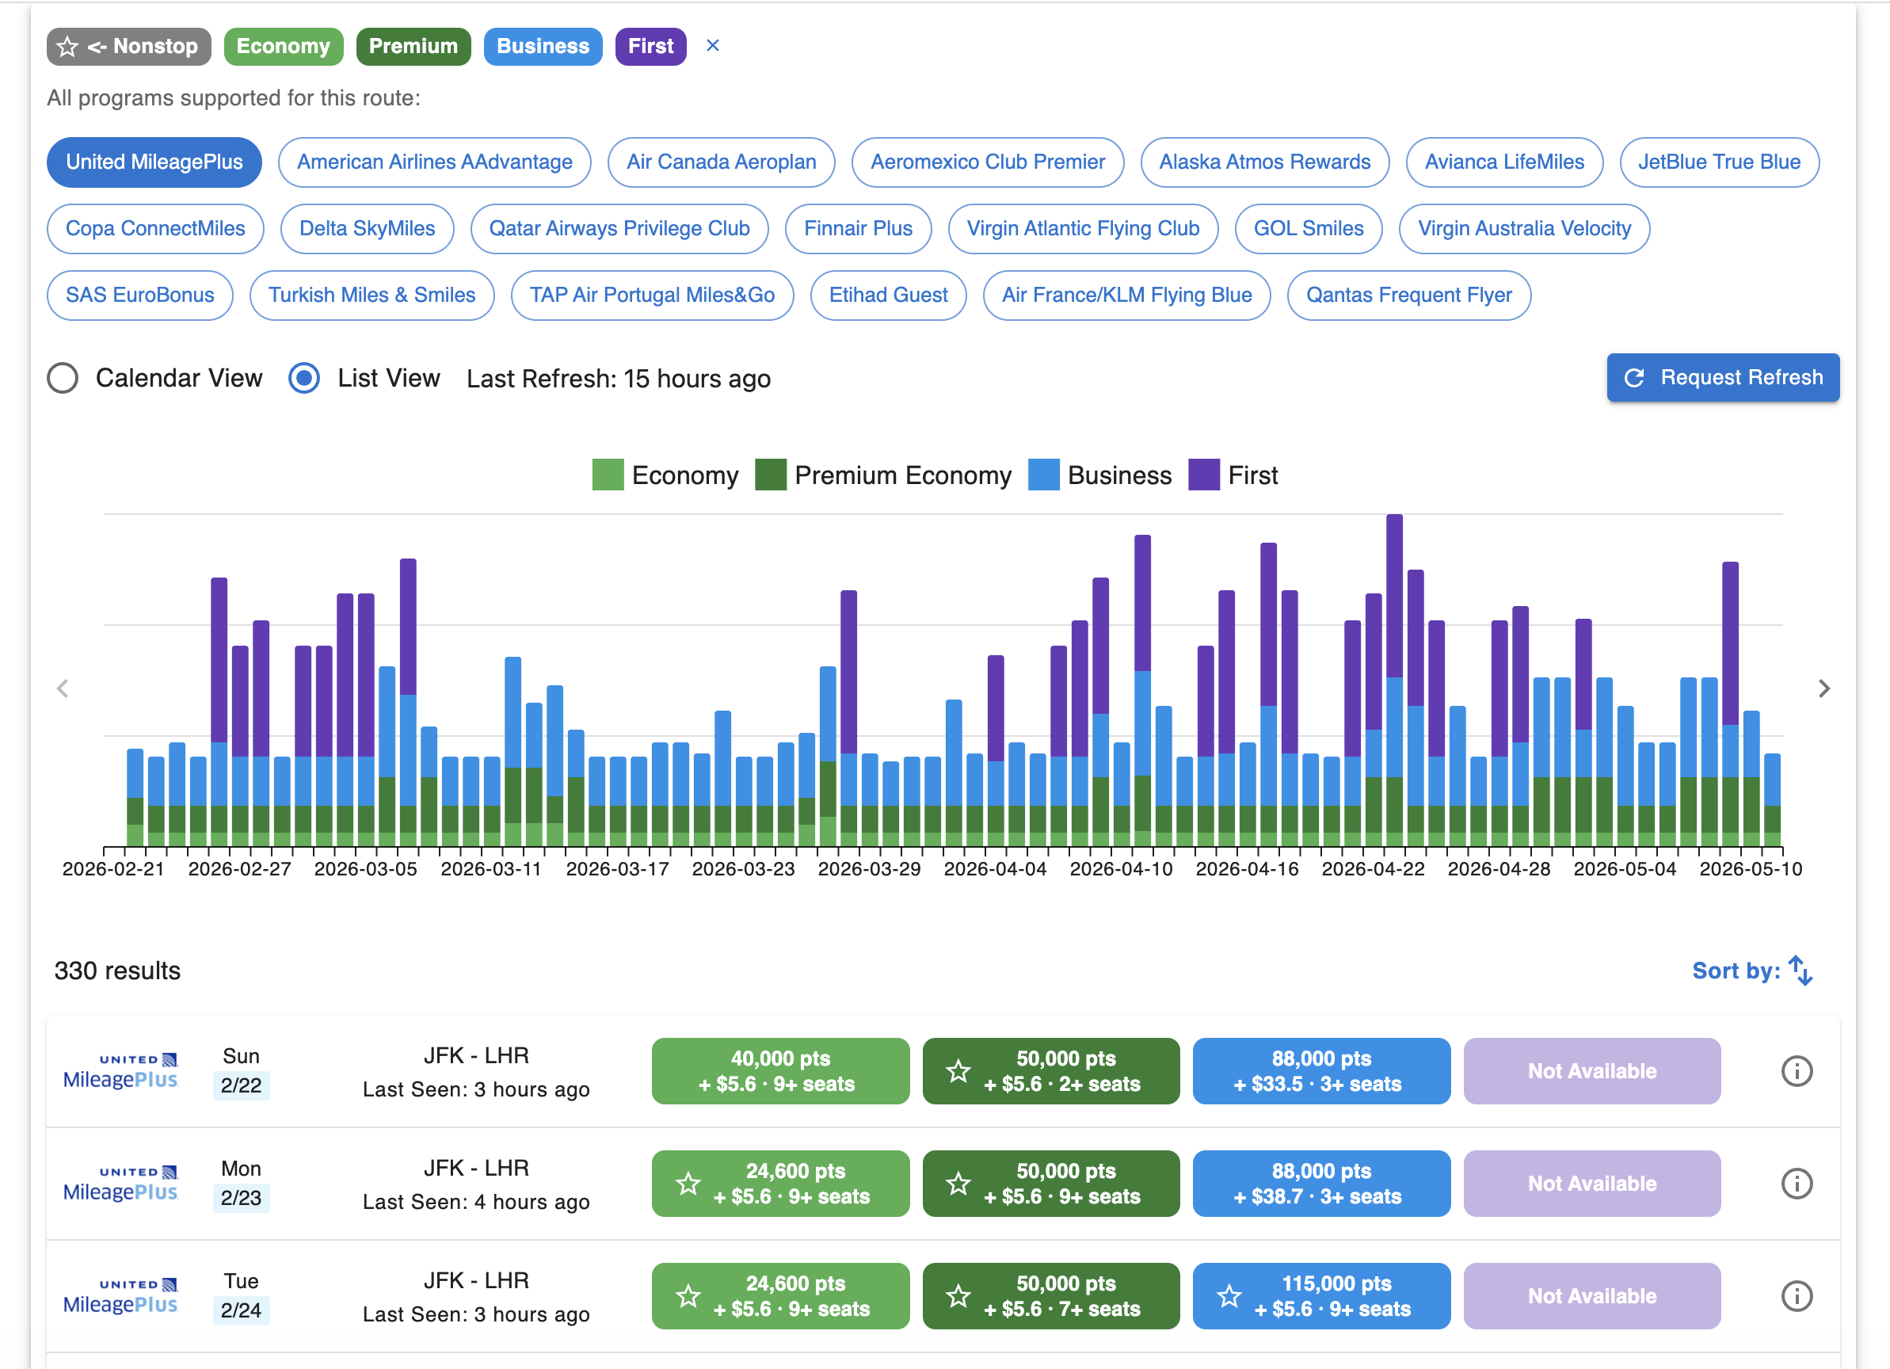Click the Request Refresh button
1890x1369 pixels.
pyautogui.click(x=1723, y=377)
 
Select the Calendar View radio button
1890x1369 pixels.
pyautogui.click(x=63, y=377)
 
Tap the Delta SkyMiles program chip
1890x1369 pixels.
pyautogui.click(x=367, y=228)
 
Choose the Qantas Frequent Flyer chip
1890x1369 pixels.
pyautogui.click(x=1408, y=295)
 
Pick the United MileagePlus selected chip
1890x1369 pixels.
pyautogui.click(x=154, y=162)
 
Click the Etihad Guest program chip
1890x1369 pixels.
pyautogui.click(x=887, y=295)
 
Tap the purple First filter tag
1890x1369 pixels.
pyautogui.click(x=650, y=46)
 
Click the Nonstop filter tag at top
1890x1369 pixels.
pyautogui.click(x=129, y=46)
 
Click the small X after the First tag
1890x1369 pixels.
pyautogui.click(x=712, y=45)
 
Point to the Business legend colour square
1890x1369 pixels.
pyautogui.click(x=1043, y=475)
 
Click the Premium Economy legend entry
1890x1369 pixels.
pyautogui.click(x=883, y=475)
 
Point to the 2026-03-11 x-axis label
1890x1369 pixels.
pyautogui.click(x=491, y=869)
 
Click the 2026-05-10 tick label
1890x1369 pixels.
pyautogui.click(x=1750, y=869)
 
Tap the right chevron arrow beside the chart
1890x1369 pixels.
pyautogui.click(x=1824, y=688)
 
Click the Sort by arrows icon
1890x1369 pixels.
pyautogui.click(x=1800, y=971)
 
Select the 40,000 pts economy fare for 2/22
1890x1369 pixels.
pyautogui.click(x=780, y=1070)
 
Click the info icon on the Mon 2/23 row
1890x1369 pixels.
pyautogui.click(x=1797, y=1183)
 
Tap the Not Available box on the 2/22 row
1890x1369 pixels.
pyautogui.click(x=1591, y=1070)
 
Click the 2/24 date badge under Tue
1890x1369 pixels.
pyautogui.click(x=241, y=1310)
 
